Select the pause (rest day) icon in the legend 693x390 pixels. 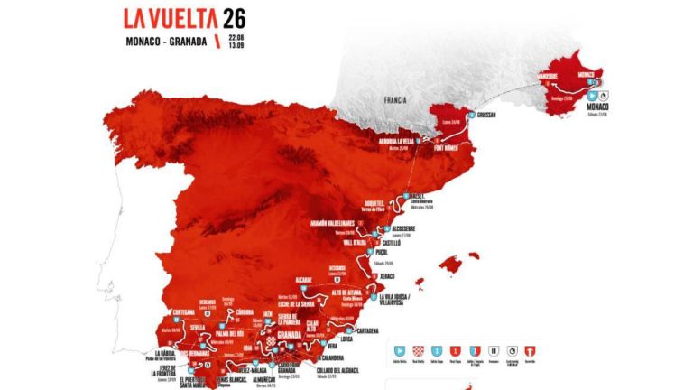(x=493, y=348)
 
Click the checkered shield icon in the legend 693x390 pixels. (x=417, y=348)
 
